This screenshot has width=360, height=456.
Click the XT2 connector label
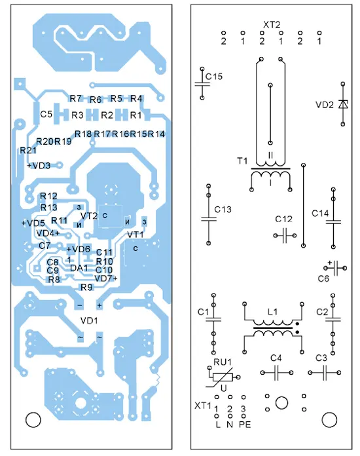pos(272,25)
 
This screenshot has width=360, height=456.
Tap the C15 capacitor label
pos(214,77)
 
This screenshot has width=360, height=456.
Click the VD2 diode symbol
pos(343,104)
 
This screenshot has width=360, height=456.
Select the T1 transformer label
pos(242,161)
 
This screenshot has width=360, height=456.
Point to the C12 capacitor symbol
pos(285,235)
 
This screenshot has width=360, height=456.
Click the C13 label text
pos(223,210)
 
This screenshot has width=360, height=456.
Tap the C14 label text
pos(320,214)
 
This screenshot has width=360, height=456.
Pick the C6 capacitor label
pos(323,279)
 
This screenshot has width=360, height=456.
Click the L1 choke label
pos(272,312)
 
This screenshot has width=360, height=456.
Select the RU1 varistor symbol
pos(223,377)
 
